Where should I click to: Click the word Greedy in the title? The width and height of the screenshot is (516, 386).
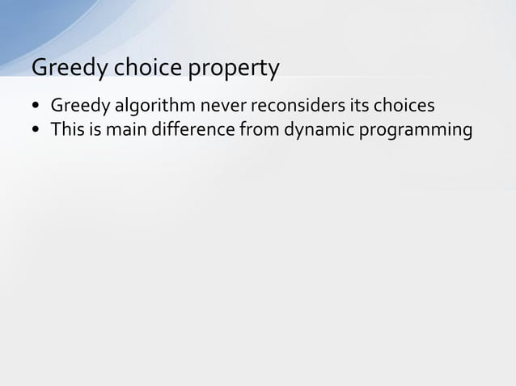67,69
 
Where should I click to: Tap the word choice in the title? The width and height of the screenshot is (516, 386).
147,69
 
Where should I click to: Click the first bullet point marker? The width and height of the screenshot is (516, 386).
37,107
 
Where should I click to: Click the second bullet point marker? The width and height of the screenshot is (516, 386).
37,130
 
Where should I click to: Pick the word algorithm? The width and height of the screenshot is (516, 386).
148,107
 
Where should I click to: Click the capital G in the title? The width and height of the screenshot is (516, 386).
38,69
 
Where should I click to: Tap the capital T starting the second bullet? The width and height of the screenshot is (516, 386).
56,129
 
